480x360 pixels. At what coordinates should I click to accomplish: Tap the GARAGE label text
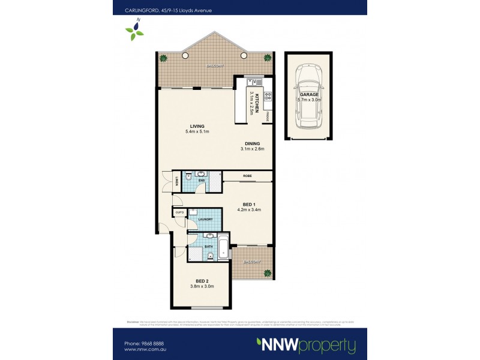coord(310,94)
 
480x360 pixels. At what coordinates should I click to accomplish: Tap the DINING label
coord(252,143)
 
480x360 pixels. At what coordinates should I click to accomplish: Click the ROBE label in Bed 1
coord(247,176)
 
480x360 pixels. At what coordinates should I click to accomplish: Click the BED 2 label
coord(202,280)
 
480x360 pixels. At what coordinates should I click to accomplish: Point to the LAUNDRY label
coord(206,219)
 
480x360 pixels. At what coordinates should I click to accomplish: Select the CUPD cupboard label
coord(179,212)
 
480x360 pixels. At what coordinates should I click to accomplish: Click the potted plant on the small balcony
coord(266,273)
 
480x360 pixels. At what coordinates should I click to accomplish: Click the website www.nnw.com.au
coord(145,349)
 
